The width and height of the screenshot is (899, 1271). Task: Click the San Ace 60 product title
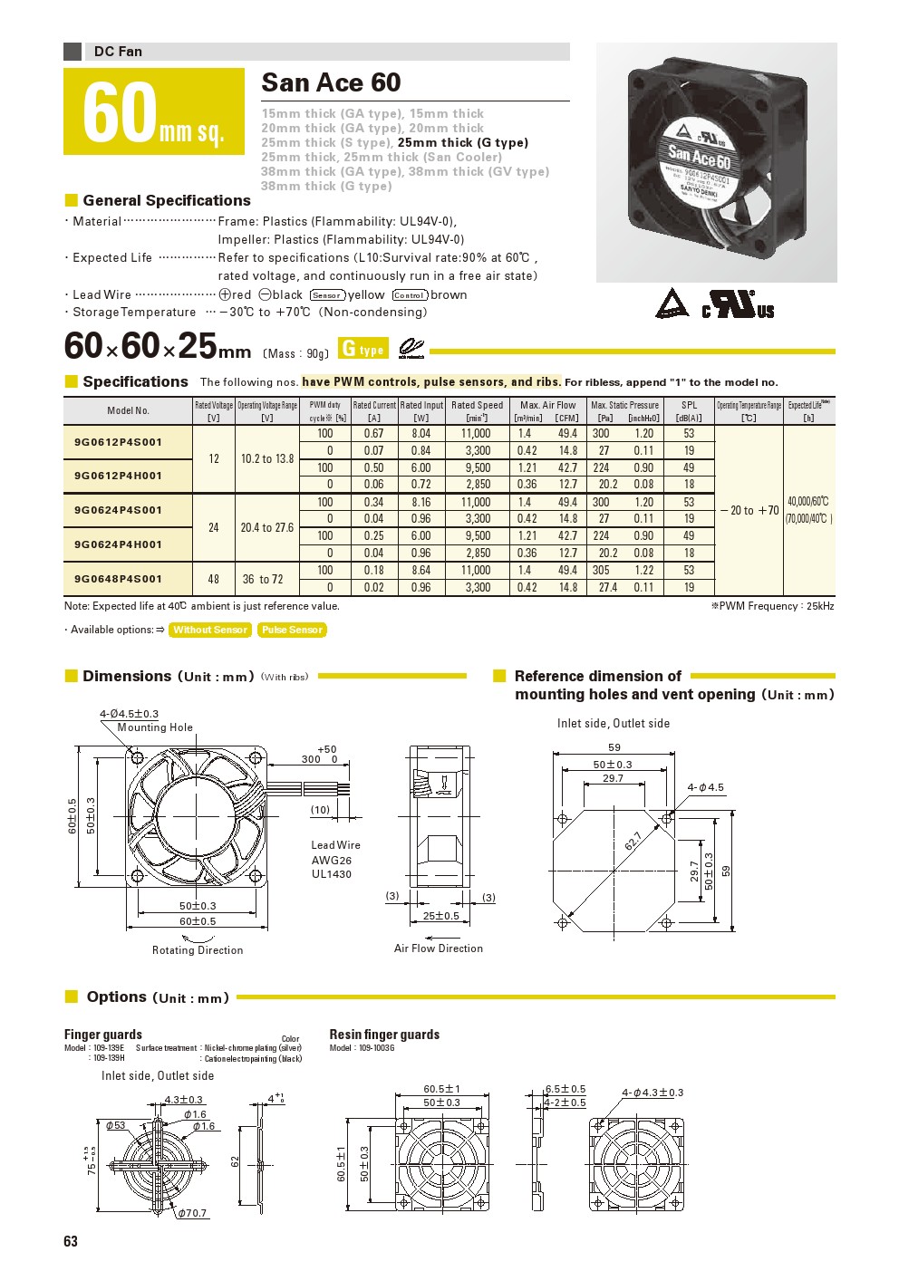click(x=331, y=83)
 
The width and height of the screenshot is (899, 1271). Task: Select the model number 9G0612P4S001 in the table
click(x=118, y=442)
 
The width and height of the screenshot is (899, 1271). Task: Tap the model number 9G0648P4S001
click(x=118, y=579)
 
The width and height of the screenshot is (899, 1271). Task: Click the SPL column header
click(x=689, y=411)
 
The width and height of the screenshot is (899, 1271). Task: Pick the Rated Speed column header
click(x=477, y=411)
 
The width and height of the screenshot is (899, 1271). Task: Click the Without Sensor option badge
click(x=210, y=630)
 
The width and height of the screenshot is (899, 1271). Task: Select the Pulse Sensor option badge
click(x=292, y=630)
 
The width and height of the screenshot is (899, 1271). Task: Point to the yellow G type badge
click(x=362, y=349)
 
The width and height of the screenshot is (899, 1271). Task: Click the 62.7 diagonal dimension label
click(x=633, y=842)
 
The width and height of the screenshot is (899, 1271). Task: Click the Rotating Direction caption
click(x=198, y=950)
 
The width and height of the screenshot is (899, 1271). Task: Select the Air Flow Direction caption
click(x=439, y=948)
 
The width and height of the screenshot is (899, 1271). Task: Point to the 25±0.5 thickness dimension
click(x=441, y=916)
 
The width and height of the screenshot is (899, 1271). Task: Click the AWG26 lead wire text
click(x=332, y=861)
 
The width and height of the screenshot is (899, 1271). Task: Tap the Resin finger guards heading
click(x=384, y=1035)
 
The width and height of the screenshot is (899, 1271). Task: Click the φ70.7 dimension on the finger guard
click(x=192, y=1213)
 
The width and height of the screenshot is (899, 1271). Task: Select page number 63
click(x=71, y=1241)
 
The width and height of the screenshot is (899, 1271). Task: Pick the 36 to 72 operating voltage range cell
click(x=263, y=579)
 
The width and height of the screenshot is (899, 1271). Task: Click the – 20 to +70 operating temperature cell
click(x=749, y=510)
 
